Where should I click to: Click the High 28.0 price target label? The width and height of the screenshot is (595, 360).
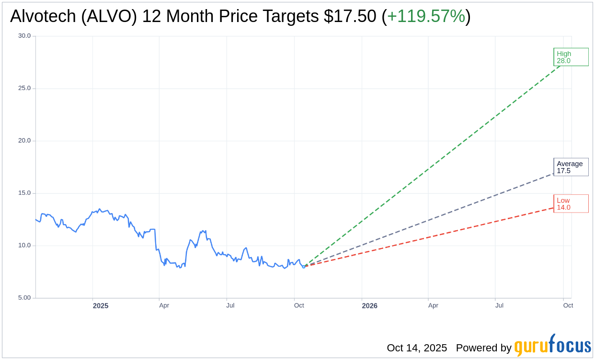coord(571,57)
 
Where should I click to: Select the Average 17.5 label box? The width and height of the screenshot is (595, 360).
coord(571,167)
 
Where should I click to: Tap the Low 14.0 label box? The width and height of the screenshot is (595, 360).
coord(571,203)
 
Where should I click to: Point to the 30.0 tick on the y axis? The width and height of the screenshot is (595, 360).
coord(24,36)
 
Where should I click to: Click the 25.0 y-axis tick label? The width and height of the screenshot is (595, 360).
coord(24,88)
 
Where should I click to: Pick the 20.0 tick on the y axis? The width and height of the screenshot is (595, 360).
coord(24,141)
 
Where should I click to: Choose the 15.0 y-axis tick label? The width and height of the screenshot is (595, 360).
coord(24,193)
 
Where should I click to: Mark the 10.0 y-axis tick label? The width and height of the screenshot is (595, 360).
coord(24,246)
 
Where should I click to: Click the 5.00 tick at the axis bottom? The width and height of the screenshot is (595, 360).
coord(24,298)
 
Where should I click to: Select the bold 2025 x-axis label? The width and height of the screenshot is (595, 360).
coord(101,306)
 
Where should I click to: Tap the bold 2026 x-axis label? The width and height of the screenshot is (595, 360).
coord(369,306)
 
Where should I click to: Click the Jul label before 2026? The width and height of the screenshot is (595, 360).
coord(230,305)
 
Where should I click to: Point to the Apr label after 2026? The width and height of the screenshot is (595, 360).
coord(433,305)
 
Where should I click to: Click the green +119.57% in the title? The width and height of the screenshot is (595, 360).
coord(426,16)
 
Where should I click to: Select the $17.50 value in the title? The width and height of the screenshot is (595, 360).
coord(350,16)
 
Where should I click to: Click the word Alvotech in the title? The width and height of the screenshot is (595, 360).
coord(43,16)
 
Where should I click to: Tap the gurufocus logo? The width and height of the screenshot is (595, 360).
coord(552,346)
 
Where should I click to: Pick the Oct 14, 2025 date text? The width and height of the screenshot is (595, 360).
coord(417,348)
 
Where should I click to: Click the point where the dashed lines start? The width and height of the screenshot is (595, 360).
coord(304,266)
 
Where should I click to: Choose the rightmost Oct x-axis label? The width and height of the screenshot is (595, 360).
coord(568,305)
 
